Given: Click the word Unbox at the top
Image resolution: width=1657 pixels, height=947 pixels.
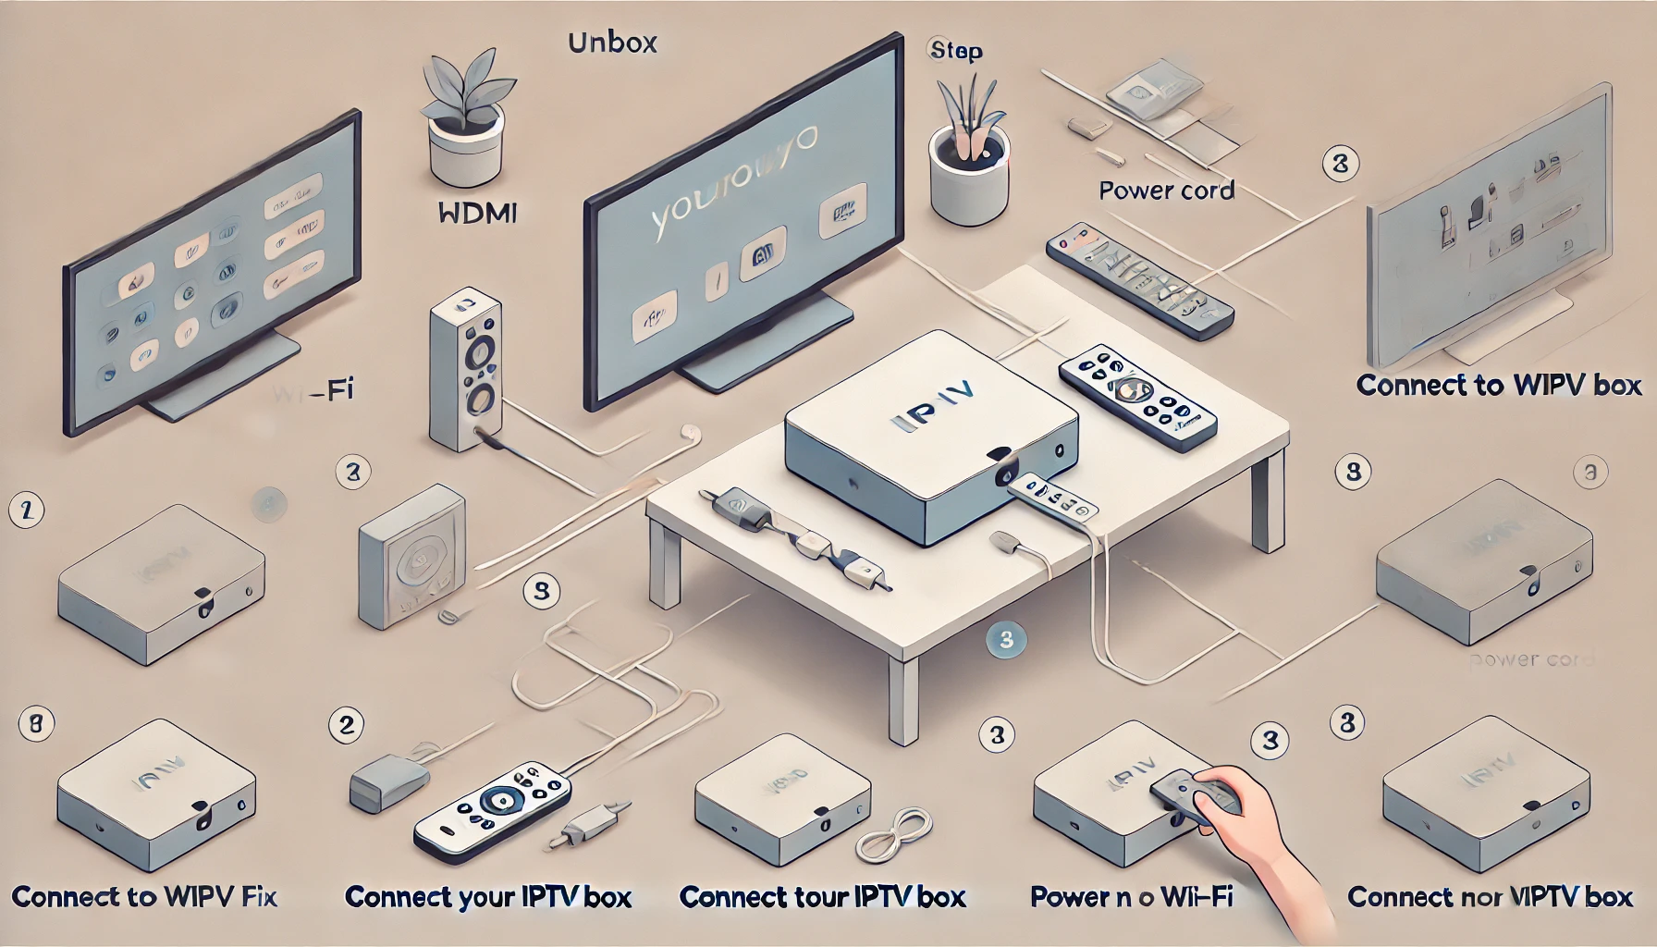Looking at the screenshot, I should (x=612, y=43).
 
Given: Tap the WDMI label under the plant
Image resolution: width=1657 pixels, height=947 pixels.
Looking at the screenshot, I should (x=475, y=214).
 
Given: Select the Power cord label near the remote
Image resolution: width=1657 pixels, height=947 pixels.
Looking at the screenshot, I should (x=1166, y=191).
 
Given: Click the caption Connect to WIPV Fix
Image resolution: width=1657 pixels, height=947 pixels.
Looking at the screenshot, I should (x=144, y=896).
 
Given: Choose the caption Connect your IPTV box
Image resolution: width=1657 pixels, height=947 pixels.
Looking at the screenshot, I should (x=487, y=897).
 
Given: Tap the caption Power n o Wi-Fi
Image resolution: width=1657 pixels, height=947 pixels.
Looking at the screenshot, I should (x=1131, y=896).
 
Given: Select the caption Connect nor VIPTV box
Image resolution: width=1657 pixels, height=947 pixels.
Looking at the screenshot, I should (x=1490, y=897).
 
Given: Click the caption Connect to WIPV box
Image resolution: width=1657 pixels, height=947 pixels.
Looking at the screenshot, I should (x=1498, y=385).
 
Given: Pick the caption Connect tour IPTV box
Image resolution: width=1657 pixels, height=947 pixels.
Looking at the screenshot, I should (x=822, y=897).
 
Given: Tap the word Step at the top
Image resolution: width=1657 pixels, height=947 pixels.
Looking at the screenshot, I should (x=955, y=50).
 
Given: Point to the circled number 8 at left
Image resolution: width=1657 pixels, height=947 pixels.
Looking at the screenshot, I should (x=35, y=723).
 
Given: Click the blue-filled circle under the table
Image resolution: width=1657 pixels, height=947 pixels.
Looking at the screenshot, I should (x=1006, y=639).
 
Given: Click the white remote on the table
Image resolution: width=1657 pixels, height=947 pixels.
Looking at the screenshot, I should (x=1136, y=397).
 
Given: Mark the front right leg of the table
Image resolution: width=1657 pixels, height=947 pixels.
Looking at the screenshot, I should (x=902, y=699).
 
